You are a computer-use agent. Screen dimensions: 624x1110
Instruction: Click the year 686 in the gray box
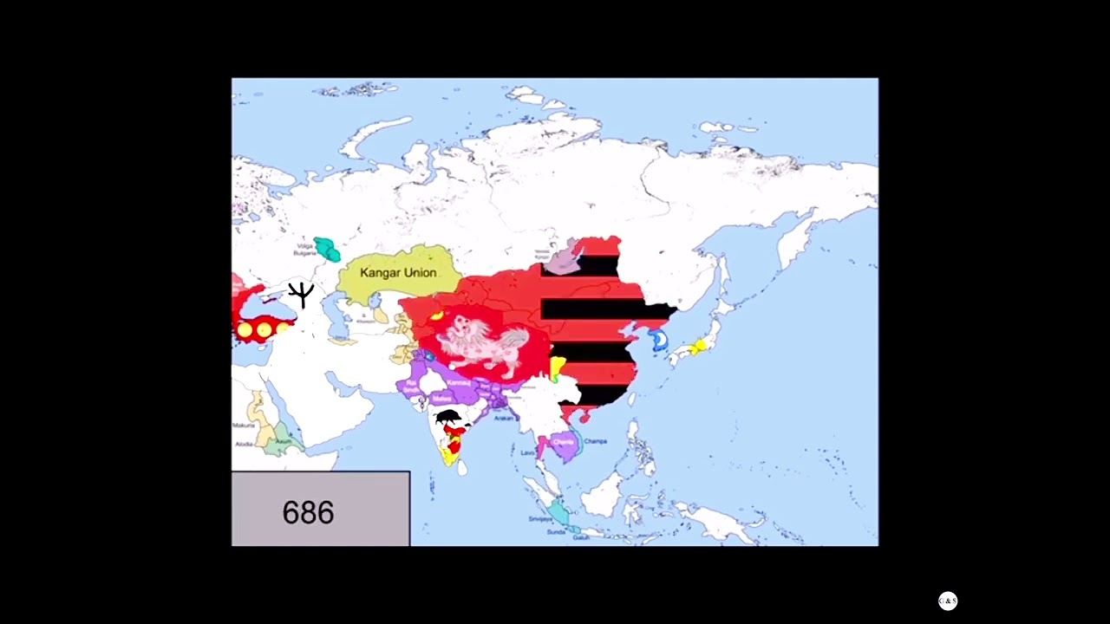308,512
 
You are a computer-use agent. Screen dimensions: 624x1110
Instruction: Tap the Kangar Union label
398,272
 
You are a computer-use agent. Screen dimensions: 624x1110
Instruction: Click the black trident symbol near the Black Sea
301,294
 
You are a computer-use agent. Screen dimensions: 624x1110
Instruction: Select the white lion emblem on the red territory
480,341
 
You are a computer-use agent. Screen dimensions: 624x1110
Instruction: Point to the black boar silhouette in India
448,418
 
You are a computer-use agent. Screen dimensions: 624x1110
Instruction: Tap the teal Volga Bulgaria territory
327,249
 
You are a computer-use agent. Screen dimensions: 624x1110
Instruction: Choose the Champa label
595,441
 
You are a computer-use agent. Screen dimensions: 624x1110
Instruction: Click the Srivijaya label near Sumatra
539,519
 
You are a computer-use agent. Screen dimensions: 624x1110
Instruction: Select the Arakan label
504,418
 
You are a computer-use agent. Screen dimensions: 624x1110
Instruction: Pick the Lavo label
527,452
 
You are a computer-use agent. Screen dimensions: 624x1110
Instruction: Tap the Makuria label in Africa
244,426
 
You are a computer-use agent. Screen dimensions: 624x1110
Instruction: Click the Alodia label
244,444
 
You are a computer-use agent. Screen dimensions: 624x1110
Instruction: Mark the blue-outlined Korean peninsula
660,340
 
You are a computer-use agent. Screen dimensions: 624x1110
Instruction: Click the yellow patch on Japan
696,348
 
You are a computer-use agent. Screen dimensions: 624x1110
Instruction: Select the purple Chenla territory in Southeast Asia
564,444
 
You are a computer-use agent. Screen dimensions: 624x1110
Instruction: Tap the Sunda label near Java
556,532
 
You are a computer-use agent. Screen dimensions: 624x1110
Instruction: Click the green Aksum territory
280,445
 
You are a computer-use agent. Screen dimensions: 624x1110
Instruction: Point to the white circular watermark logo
948,601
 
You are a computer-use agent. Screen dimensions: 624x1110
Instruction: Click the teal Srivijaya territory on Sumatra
559,514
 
